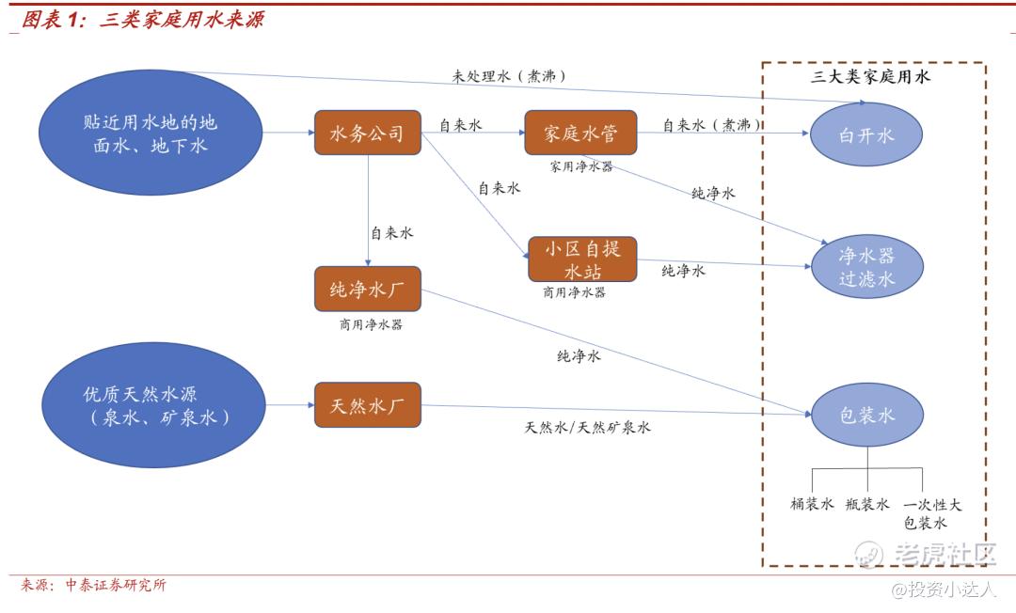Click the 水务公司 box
368,133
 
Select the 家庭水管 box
580,133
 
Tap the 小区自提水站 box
582,259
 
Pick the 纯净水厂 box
368,289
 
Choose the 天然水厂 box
368,405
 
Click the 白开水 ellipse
866,134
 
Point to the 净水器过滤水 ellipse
866,266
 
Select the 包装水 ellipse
867,415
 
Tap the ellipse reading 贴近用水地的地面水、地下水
151,133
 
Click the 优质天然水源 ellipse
153,404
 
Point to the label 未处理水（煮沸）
509,76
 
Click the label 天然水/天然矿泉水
587,427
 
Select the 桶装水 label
812,504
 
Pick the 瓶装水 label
867,504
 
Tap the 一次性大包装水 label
932,513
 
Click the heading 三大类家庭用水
870,76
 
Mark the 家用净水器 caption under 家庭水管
581,166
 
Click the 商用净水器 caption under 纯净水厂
371,324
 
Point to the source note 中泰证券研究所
116,585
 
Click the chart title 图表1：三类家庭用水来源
143,20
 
